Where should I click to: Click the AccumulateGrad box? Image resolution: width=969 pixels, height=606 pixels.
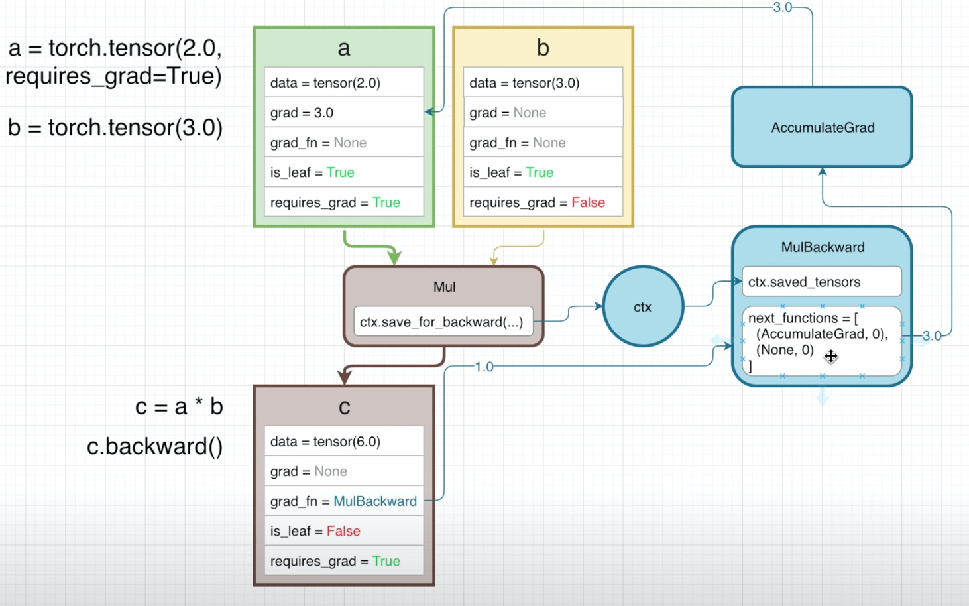click(822, 127)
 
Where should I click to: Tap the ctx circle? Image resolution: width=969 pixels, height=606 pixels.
click(643, 306)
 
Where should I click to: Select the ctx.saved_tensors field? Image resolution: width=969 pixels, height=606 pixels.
click(822, 282)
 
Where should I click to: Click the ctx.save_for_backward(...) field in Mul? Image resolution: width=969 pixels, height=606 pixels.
click(443, 322)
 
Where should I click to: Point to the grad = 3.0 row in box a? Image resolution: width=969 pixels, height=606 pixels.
click(344, 113)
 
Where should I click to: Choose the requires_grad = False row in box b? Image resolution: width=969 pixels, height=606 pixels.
click(543, 202)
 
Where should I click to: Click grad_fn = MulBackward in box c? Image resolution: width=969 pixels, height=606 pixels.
click(344, 501)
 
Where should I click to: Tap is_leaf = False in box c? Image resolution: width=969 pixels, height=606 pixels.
click(344, 530)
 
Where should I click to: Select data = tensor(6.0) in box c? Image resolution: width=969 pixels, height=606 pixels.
click(344, 441)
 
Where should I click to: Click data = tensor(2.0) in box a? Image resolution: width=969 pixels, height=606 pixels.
click(344, 83)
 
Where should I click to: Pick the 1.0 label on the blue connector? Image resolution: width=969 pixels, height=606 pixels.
click(484, 367)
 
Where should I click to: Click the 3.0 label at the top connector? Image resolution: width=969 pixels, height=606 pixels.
click(783, 7)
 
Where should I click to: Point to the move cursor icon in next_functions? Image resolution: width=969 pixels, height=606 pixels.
click(830, 356)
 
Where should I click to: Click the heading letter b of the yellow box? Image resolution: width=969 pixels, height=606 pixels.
click(543, 48)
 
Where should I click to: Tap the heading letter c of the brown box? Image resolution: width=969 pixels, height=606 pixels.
click(345, 407)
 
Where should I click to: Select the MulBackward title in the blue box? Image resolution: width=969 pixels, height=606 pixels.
click(823, 247)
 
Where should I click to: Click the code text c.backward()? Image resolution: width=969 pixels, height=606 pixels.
click(154, 446)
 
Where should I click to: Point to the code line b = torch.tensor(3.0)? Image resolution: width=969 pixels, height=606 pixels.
click(115, 128)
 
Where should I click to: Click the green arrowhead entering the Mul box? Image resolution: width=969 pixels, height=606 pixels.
click(394, 257)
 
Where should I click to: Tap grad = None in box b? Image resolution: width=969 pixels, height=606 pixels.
click(543, 113)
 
